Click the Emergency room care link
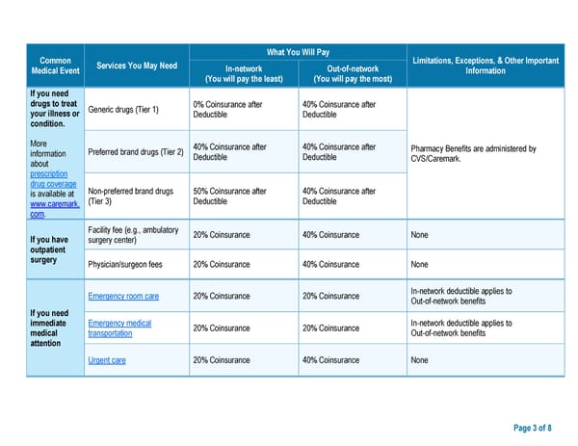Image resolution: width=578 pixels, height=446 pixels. (123, 296)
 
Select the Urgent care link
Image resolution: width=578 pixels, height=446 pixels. (107, 360)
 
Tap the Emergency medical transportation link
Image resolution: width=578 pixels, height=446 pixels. (119, 328)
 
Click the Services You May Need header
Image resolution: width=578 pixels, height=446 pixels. (137, 66)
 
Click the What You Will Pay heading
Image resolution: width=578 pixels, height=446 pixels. (298, 52)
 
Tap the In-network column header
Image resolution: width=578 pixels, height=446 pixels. (244, 73)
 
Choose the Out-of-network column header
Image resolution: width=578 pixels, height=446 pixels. (352, 73)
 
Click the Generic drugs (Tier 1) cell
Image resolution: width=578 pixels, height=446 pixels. (123, 110)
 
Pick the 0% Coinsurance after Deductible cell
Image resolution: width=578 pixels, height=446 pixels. (229, 110)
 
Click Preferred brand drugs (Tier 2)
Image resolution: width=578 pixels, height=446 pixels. (135, 152)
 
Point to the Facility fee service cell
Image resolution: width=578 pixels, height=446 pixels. (133, 234)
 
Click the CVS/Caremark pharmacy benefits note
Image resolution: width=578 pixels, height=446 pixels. (473, 153)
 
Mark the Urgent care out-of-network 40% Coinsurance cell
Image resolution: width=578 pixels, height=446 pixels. (330, 360)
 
